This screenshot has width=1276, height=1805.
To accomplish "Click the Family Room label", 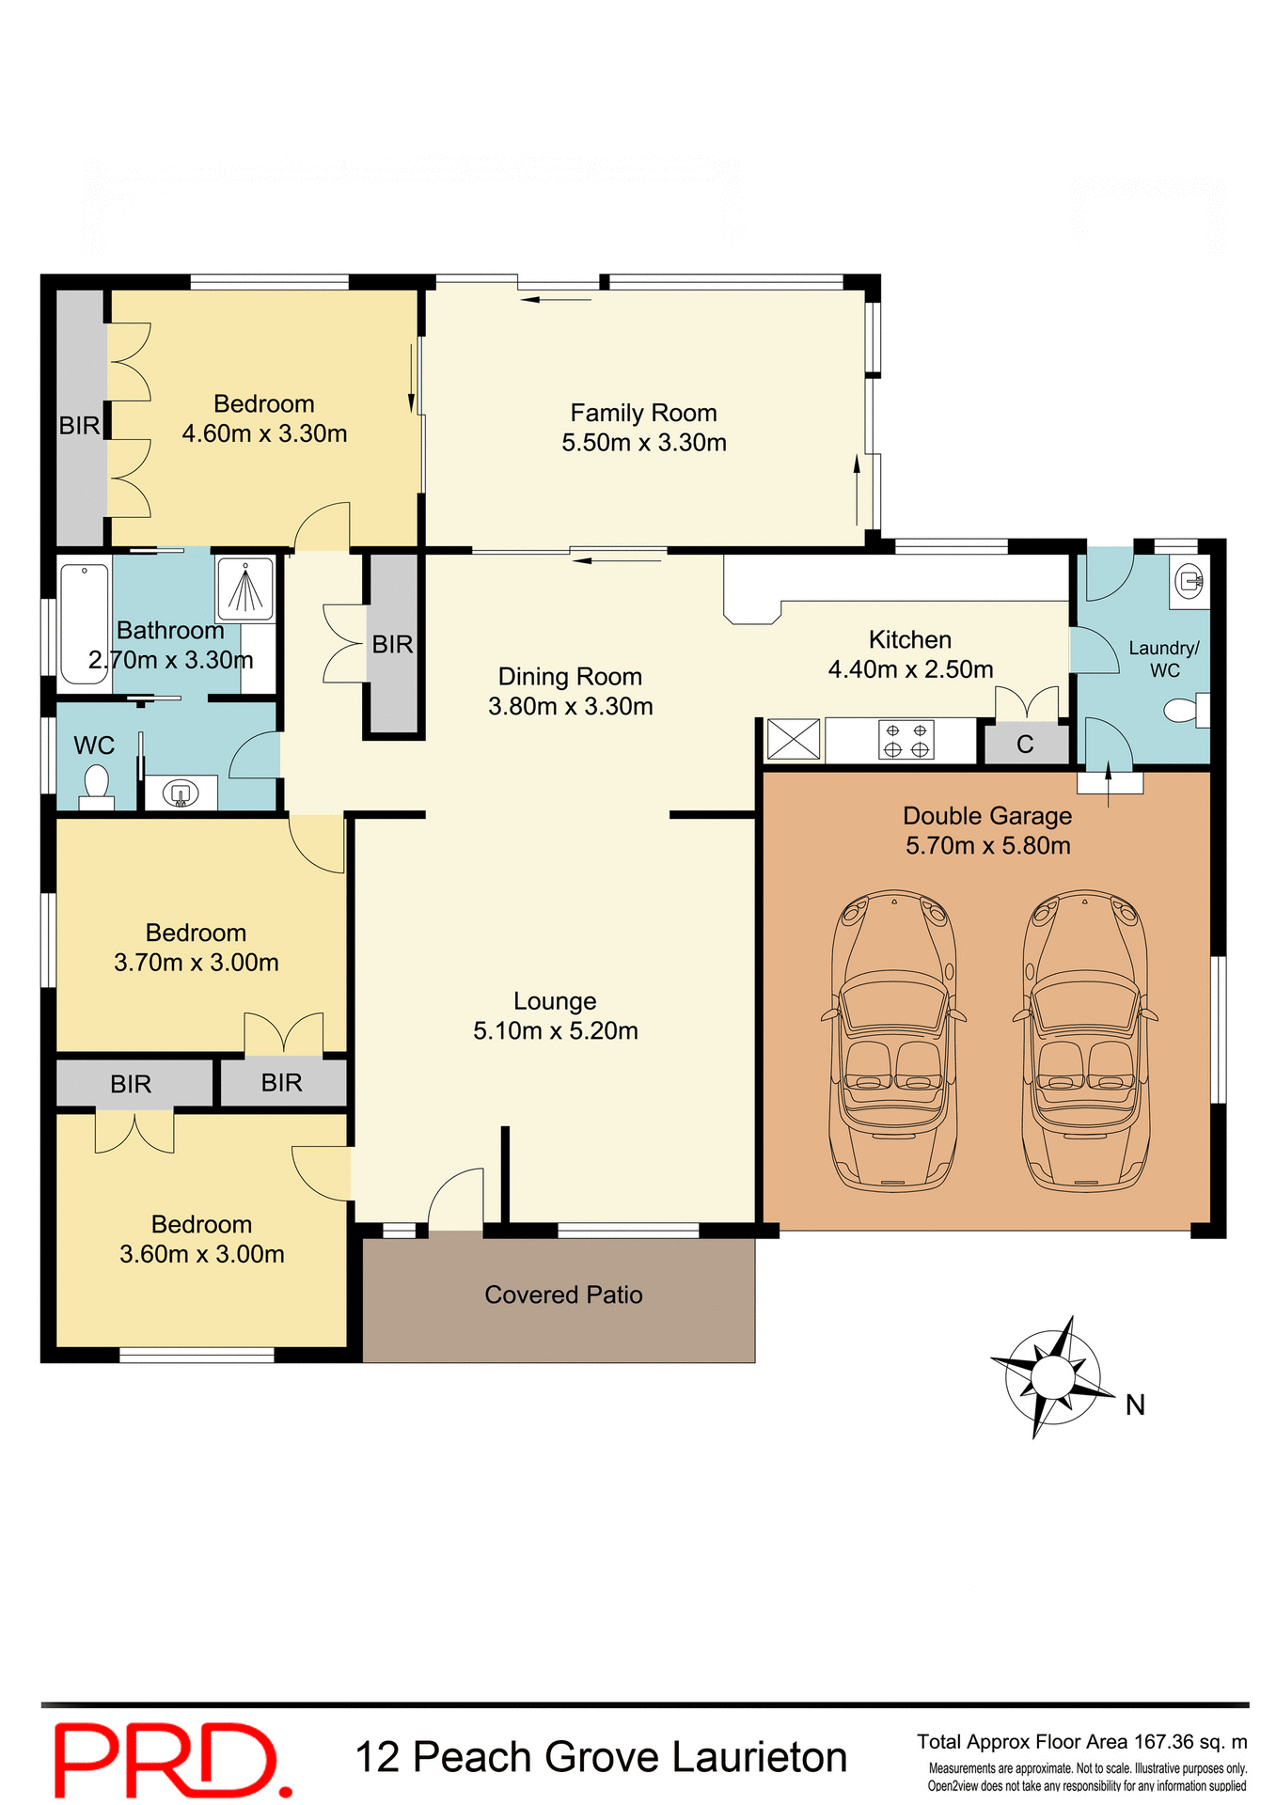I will coord(643,413).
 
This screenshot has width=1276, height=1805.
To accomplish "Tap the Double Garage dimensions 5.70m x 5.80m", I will coord(987,845).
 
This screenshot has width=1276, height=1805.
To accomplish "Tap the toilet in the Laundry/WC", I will coord(1185,710).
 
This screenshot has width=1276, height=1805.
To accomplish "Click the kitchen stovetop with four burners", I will coord(906,740).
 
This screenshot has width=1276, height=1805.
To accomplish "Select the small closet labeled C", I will coord(1025,745).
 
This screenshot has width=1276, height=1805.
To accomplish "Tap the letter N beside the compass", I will coord(1135,1405).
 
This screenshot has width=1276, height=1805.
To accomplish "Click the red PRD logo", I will coord(169,1759).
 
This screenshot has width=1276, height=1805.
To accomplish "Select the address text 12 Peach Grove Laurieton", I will coord(601,1757).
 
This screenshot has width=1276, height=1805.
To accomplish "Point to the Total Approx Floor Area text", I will coord(1081,1741).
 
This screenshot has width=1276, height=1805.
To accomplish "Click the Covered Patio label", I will coord(563,1295).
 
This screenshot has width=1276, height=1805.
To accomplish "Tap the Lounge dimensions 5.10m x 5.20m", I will coord(555,1030).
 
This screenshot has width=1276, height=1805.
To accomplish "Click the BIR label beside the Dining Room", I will coord(392,644).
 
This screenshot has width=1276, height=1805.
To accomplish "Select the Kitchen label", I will coord(909,639).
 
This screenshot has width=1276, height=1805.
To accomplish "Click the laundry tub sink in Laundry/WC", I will coord(1189,580).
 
